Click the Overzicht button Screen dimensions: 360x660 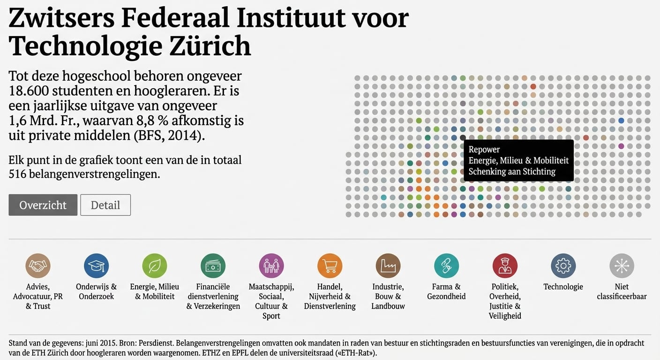43,205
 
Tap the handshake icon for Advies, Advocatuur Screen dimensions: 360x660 38,266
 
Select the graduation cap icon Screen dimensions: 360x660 96,266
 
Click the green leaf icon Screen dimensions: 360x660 155,266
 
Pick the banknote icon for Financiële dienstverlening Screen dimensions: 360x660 213,266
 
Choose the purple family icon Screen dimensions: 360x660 271,266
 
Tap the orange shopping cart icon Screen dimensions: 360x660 330,266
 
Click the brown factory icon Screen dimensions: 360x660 388,266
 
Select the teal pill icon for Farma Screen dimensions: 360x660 446,266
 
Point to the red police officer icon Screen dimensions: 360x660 505,266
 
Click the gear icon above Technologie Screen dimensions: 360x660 563,266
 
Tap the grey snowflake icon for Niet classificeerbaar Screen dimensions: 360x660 622,266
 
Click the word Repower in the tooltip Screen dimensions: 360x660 484,150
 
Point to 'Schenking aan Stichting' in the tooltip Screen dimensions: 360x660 512,172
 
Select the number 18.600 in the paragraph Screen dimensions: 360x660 30,90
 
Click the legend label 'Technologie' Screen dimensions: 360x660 563,287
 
